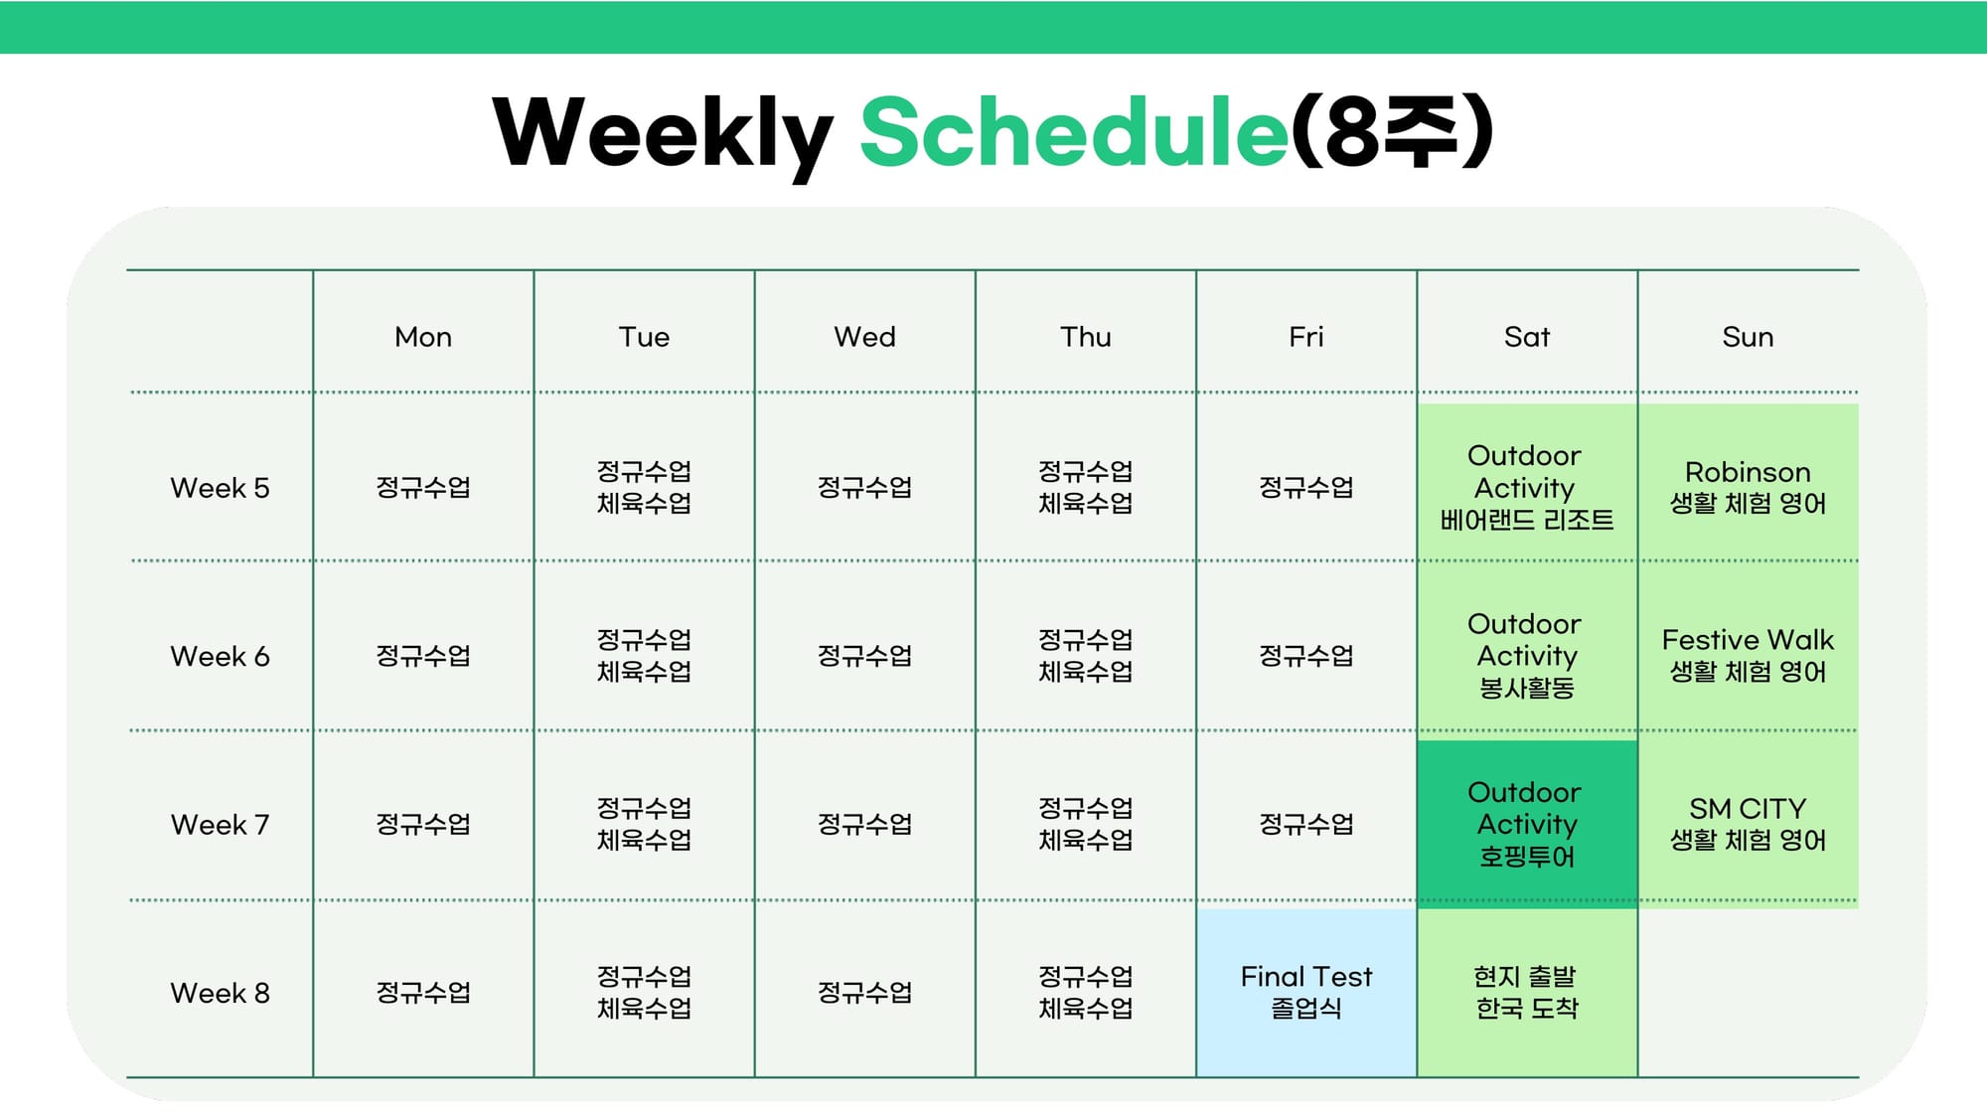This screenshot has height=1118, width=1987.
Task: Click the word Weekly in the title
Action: tap(663, 134)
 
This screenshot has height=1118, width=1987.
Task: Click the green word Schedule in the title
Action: tap(1075, 131)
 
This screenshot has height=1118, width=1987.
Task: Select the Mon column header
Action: tap(423, 337)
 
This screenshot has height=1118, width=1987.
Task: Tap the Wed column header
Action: tap(864, 337)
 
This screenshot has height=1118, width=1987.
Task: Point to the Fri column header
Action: tap(1306, 337)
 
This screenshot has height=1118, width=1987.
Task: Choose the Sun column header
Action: tap(1748, 337)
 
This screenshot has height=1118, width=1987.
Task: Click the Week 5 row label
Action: tap(220, 488)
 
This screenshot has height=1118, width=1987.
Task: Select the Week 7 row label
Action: tap(220, 825)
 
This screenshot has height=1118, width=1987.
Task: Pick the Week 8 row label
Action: tap(220, 993)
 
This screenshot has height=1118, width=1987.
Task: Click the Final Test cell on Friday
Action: tap(1306, 993)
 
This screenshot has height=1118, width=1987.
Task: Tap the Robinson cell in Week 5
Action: tap(1749, 482)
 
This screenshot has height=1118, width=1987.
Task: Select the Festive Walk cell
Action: tap(1749, 651)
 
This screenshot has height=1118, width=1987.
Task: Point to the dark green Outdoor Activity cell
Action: tap(1527, 824)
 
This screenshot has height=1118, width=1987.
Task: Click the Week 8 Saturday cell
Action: tap(1527, 993)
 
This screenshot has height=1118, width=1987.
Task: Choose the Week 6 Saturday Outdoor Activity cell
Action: tap(1527, 651)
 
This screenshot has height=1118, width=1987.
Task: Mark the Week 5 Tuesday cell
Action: tap(644, 487)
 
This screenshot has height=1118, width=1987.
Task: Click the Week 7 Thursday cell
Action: tap(1085, 824)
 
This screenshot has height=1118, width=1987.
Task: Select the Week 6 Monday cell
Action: tap(423, 656)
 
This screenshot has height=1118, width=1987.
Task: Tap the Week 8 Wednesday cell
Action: tap(864, 993)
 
